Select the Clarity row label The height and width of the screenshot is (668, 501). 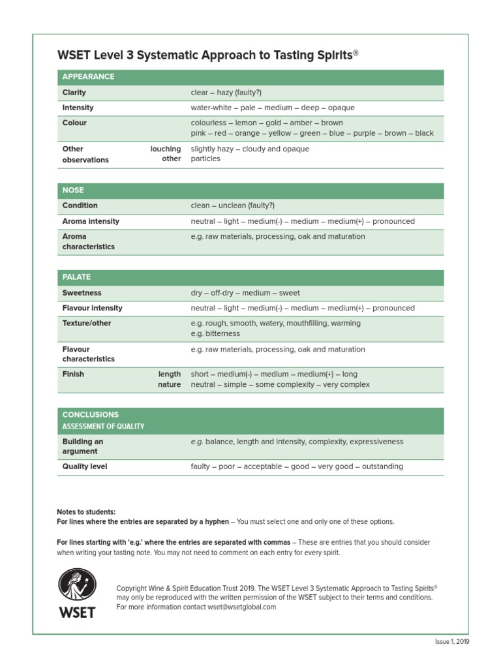coord(74,93)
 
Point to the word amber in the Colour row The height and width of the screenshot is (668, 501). coord(297,123)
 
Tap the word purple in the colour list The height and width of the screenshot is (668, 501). coord(364,133)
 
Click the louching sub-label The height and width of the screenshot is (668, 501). coord(165,149)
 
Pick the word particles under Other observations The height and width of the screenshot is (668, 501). coord(205,159)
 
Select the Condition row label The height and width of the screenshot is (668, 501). coord(80,205)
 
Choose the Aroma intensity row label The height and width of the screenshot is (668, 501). coord(91,221)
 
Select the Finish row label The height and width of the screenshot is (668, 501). coord(73,374)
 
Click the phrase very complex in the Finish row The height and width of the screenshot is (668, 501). coord(346,385)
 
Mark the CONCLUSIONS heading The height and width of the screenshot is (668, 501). coord(91,414)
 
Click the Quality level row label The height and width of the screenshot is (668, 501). coord(85,466)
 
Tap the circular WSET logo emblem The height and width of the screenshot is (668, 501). coord(78,584)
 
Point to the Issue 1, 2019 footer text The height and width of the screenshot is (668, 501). coord(452,642)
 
